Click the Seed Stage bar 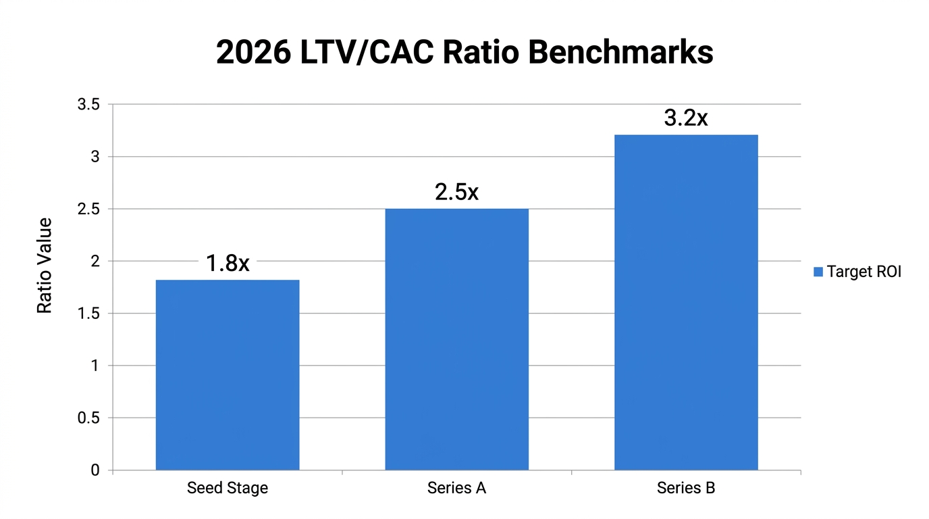[228, 375]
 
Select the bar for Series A [456, 339]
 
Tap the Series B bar [686, 302]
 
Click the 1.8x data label [228, 264]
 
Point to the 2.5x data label [456, 192]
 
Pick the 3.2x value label [686, 118]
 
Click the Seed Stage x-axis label [228, 488]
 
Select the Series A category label [456, 488]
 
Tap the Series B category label [686, 488]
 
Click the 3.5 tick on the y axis [88, 105]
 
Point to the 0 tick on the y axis [95, 470]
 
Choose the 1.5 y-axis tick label [88, 314]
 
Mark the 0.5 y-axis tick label [88, 418]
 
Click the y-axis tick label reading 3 [95, 157]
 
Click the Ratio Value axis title [45, 266]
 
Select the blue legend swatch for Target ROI [818, 272]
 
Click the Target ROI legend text [864, 272]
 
